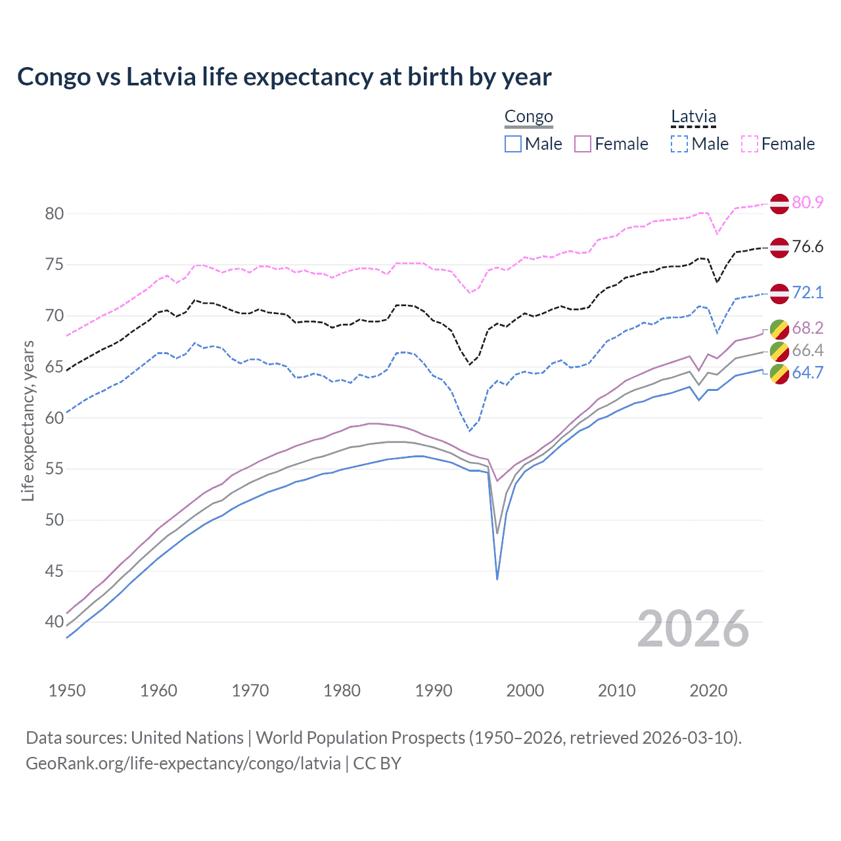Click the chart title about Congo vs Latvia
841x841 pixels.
(284, 77)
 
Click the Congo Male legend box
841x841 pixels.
(513, 144)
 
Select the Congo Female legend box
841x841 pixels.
(583, 144)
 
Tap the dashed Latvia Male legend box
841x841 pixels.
(679, 144)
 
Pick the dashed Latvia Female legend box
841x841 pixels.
(750, 144)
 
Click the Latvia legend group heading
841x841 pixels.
(693, 117)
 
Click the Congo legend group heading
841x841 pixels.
(529, 117)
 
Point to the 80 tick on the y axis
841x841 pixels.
(55, 214)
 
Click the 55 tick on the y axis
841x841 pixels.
(55, 469)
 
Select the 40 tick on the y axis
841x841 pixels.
(55, 622)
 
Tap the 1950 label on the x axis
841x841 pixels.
(67, 691)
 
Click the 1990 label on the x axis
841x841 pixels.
(434, 691)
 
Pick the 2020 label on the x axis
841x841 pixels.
(708, 691)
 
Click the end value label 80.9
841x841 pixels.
(807, 202)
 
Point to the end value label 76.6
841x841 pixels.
(807, 247)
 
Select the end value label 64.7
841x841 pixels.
(807, 373)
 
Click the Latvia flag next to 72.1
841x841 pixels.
(779, 294)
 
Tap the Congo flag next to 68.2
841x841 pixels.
(779, 329)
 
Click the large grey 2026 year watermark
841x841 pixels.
(693, 629)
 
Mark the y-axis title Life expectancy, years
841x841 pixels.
(28, 420)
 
